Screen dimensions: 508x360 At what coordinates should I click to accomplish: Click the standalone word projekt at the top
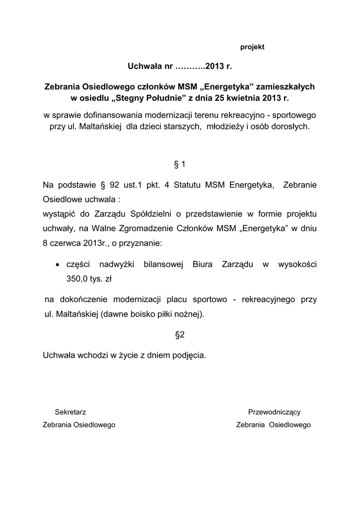pyautogui.click(x=252, y=47)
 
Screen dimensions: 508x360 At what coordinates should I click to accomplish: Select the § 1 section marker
pyautogui.click(x=180, y=163)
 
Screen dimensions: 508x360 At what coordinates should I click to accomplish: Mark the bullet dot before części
pyautogui.click(x=58, y=265)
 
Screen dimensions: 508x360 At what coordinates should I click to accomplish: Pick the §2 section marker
pyautogui.click(x=180, y=335)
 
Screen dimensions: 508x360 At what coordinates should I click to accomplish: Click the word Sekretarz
pyautogui.click(x=71, y=412)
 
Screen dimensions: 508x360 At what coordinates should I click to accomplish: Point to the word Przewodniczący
pyautogui.click(x=274, y=412)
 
